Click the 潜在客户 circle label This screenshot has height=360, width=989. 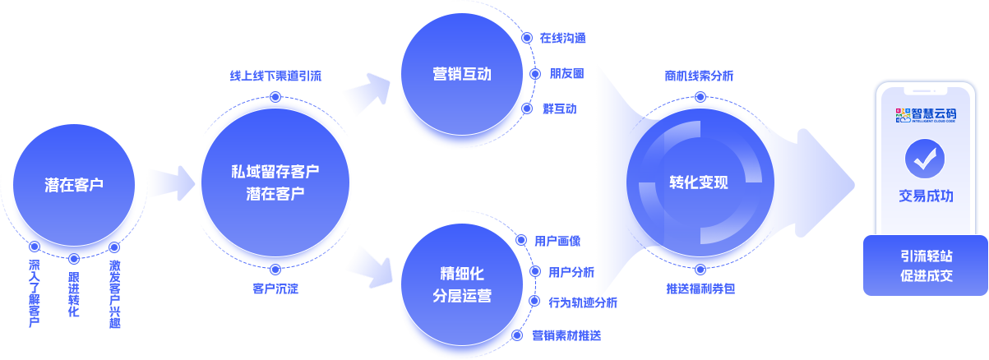[x=74, y=185]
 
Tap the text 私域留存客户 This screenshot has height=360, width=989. [x=275, y=172]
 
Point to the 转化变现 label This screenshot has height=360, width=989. [x=698, y=182]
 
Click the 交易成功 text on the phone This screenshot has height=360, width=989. [x=926, y=196]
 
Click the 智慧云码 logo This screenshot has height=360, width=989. [x=926, y=114]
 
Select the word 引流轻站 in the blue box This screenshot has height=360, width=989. [x=926, y=256]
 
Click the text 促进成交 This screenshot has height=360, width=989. [x=926, y=276]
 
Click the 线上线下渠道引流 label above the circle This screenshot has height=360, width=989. [x=275, y=76]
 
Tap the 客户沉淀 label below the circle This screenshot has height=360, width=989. [x=275, y=289]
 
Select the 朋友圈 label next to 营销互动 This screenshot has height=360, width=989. [x=566, y=72]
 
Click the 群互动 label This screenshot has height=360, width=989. [x=559, y=108]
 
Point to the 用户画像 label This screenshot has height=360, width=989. [x=558, y=241]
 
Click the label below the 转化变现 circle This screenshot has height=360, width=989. [x=700, y=289]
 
